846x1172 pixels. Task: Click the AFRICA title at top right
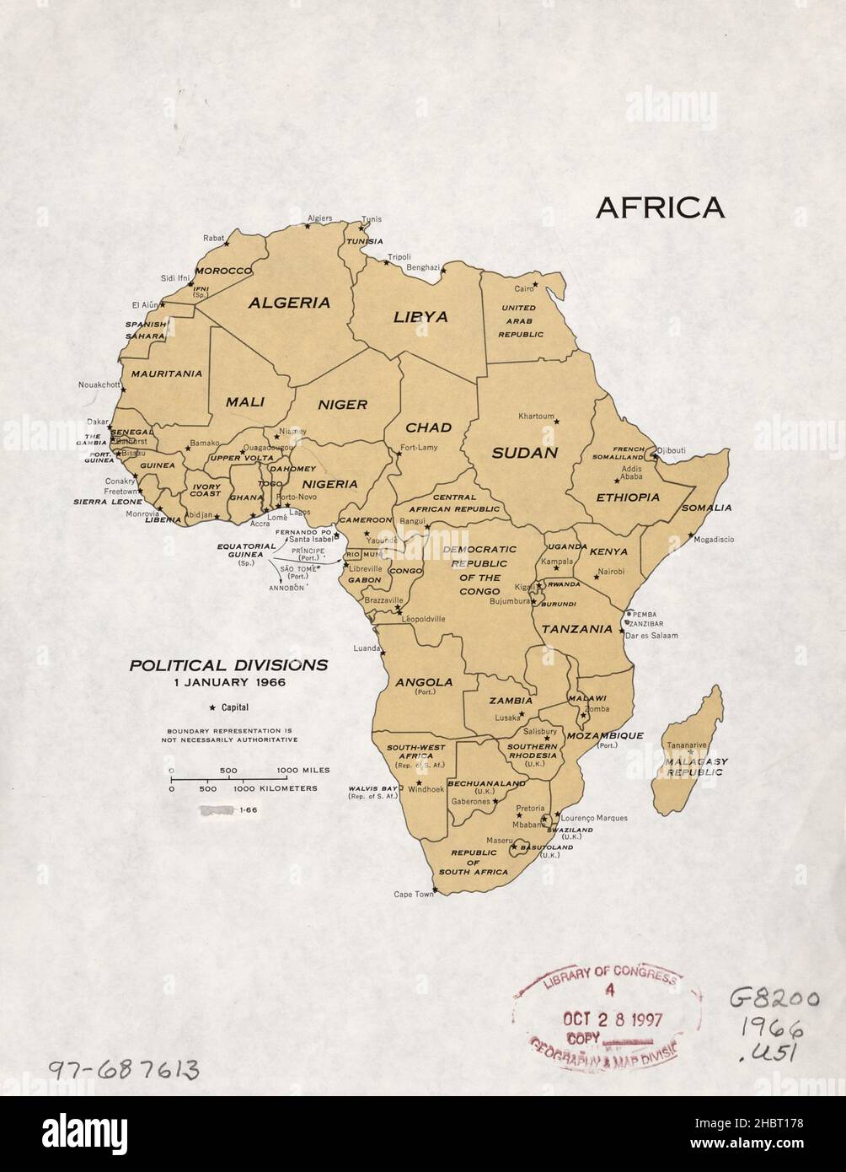(x=660, y=207)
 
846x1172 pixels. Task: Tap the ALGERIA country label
(x=288, y=303)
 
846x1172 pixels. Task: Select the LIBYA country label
(x=420, y=317)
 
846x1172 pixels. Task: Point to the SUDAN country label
(x=525, y=452)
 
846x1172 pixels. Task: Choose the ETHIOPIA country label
(x=628, y=497)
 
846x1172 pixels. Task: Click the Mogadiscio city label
(x=714, y=539)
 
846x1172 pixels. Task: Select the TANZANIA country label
(x=576, y=629)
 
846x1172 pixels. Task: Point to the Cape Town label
(x=413, y=895)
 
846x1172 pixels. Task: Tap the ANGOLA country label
(x=424, y=682)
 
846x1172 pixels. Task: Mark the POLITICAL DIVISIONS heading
(x=228, y=665)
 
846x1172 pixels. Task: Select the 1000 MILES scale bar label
(x=303, y=771)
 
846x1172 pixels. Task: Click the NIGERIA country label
(x=329, y=484)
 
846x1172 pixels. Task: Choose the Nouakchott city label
(x=99, y=385)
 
